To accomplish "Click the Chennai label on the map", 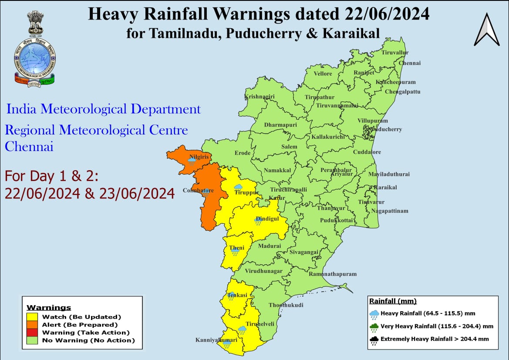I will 410,63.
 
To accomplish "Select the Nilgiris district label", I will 198,157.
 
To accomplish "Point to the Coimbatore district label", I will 198,190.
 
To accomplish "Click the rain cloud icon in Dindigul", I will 258,222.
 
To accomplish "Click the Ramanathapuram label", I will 332,274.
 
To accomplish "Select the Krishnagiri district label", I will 259,96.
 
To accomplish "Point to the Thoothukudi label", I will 286,305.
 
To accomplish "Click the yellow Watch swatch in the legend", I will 33,317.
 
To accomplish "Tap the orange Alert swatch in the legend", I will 33,325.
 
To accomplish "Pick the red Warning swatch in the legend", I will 33,333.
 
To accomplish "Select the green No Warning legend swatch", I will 33,340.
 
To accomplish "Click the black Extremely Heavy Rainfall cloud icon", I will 374,340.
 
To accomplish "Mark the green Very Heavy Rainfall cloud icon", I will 374,327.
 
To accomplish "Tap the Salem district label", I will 289,147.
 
